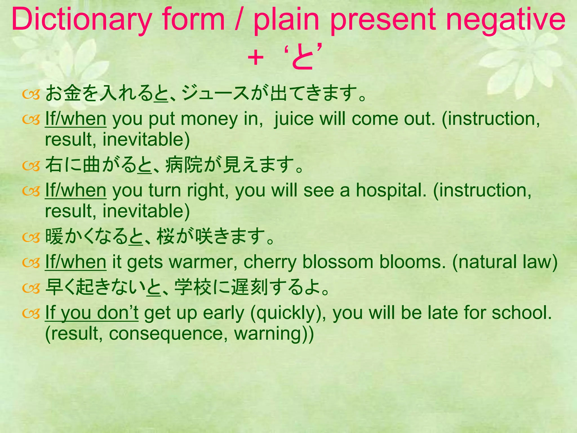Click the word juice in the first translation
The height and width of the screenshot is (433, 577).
293,119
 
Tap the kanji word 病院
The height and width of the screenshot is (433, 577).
184,165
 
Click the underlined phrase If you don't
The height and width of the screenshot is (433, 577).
92,313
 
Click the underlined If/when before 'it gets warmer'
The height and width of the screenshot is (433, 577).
76,262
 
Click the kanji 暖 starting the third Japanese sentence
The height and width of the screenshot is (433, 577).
54,237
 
